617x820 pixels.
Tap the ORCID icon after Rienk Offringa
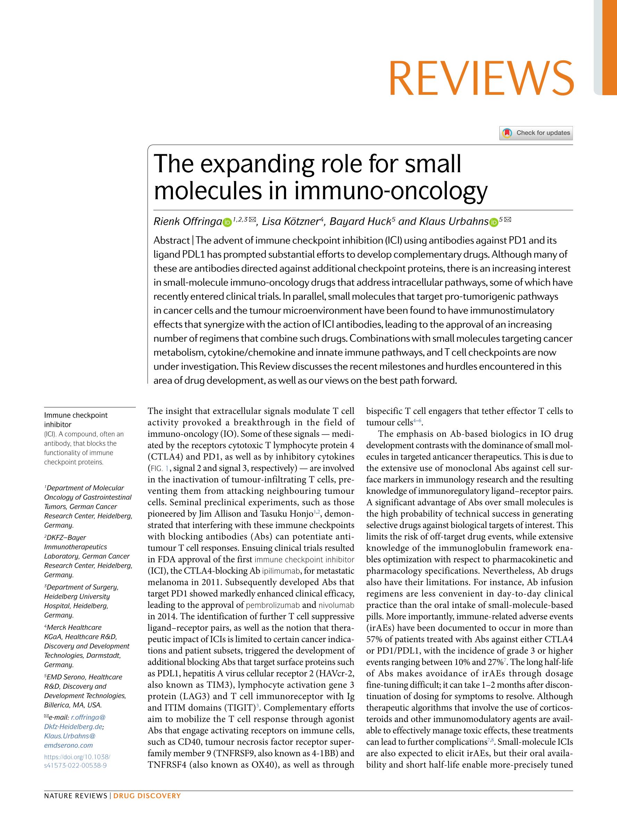click(227, 222)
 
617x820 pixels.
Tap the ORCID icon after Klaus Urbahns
click(493, 222)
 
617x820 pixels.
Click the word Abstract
click(171, 241)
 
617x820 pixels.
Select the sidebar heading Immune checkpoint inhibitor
click(76, 420)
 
